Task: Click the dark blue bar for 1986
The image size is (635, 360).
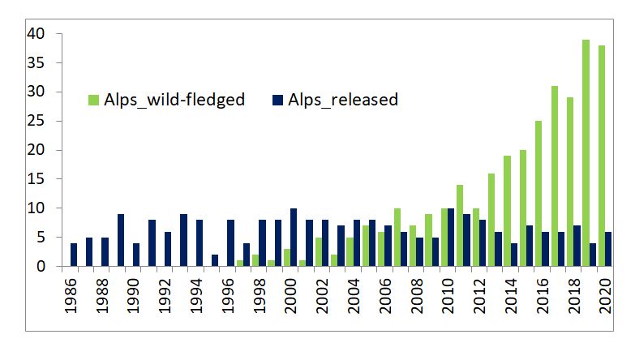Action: coord(74,255)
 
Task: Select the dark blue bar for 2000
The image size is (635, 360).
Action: coord(294,238)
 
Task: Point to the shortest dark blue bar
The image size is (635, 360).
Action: coord(215,260)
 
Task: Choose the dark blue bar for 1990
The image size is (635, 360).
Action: coord(136,255)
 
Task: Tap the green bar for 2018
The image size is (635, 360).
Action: coord(569,182)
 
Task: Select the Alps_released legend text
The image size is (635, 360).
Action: coord(346,101)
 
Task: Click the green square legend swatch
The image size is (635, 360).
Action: coord(93,101)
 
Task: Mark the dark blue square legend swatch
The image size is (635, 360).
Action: coord(277,101)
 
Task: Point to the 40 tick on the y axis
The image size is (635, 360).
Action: coord(44,34)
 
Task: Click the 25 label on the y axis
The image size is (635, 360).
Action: coord(44,122)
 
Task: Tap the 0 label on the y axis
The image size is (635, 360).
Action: coord(49,267)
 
